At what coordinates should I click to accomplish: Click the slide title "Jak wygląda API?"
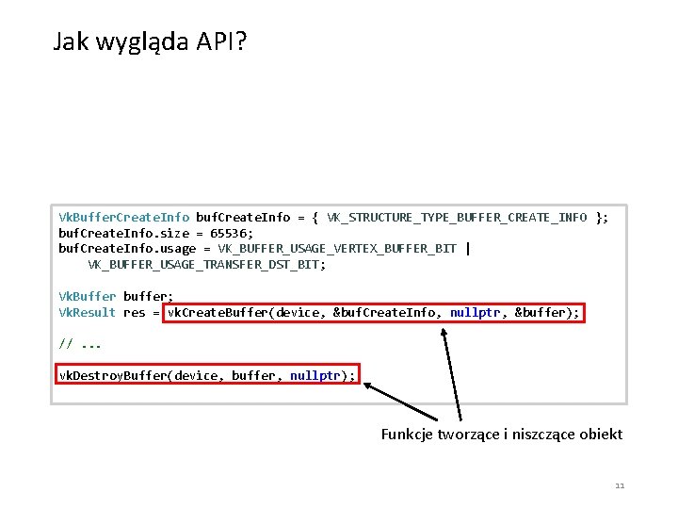point(150,42)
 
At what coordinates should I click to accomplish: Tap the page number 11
point(619,485)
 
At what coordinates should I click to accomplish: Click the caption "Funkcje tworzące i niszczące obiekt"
point(501,435)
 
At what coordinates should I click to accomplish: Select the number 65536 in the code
point(232,233)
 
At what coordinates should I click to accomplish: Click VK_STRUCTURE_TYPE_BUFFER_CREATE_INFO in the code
point(457,218)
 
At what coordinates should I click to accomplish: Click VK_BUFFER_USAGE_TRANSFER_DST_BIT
point(206,265)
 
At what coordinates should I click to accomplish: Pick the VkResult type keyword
point(88,313)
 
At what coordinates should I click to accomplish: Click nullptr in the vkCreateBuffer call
point(475,313)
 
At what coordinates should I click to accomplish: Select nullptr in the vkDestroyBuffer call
point(315,375)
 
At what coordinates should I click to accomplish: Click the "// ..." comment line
point(80,344)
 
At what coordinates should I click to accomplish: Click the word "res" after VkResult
point(134,313)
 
